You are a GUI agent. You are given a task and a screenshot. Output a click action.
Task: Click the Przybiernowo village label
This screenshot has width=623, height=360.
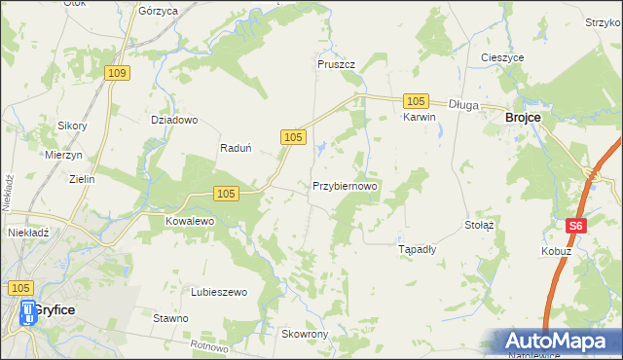[x=345, y=185]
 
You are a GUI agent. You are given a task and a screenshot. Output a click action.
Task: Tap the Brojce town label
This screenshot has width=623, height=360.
[x=522, y=117]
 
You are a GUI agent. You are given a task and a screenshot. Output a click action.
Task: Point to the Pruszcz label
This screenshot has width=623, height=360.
[x=336, y=64]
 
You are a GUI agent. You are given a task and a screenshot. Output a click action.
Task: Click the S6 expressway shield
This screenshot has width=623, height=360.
[x=576, y=226]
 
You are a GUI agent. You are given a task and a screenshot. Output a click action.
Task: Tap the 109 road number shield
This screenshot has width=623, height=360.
[x=119, y=73]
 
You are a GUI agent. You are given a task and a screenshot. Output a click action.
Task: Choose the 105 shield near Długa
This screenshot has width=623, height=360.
[x=416, y=101]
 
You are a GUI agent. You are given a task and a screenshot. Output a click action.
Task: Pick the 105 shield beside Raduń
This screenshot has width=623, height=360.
[x=294, y=139]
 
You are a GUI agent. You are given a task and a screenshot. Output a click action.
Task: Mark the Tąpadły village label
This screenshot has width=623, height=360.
[x=419, y=249]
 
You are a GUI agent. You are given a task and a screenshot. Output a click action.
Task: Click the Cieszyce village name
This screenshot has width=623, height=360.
[x=502, y=57]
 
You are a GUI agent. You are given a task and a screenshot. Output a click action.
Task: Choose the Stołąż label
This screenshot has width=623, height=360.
[x=480, y=224]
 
